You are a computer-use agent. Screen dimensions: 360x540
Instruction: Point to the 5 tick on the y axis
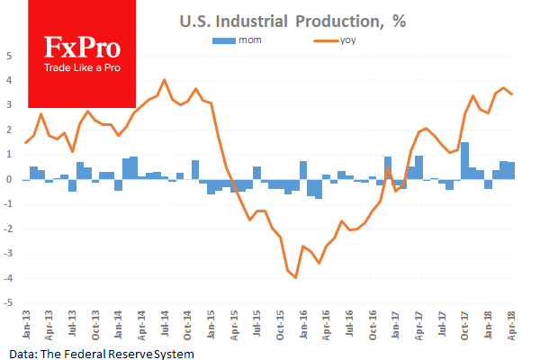pyautogui.click(x=8, y=55)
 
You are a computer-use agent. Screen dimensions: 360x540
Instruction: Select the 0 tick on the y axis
pyautogui.click(x=8, y=179)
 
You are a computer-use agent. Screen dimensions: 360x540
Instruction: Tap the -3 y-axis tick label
pyautogui.click(x=8, y=254)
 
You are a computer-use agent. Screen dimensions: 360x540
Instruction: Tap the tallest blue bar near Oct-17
pyautogui.click(x=464, y=160)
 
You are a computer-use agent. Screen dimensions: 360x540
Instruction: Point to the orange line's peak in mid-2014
pyautogui.click(x=164, y=80)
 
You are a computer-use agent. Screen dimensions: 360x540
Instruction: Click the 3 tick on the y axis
pyautogui.click(x=8, y=104)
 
